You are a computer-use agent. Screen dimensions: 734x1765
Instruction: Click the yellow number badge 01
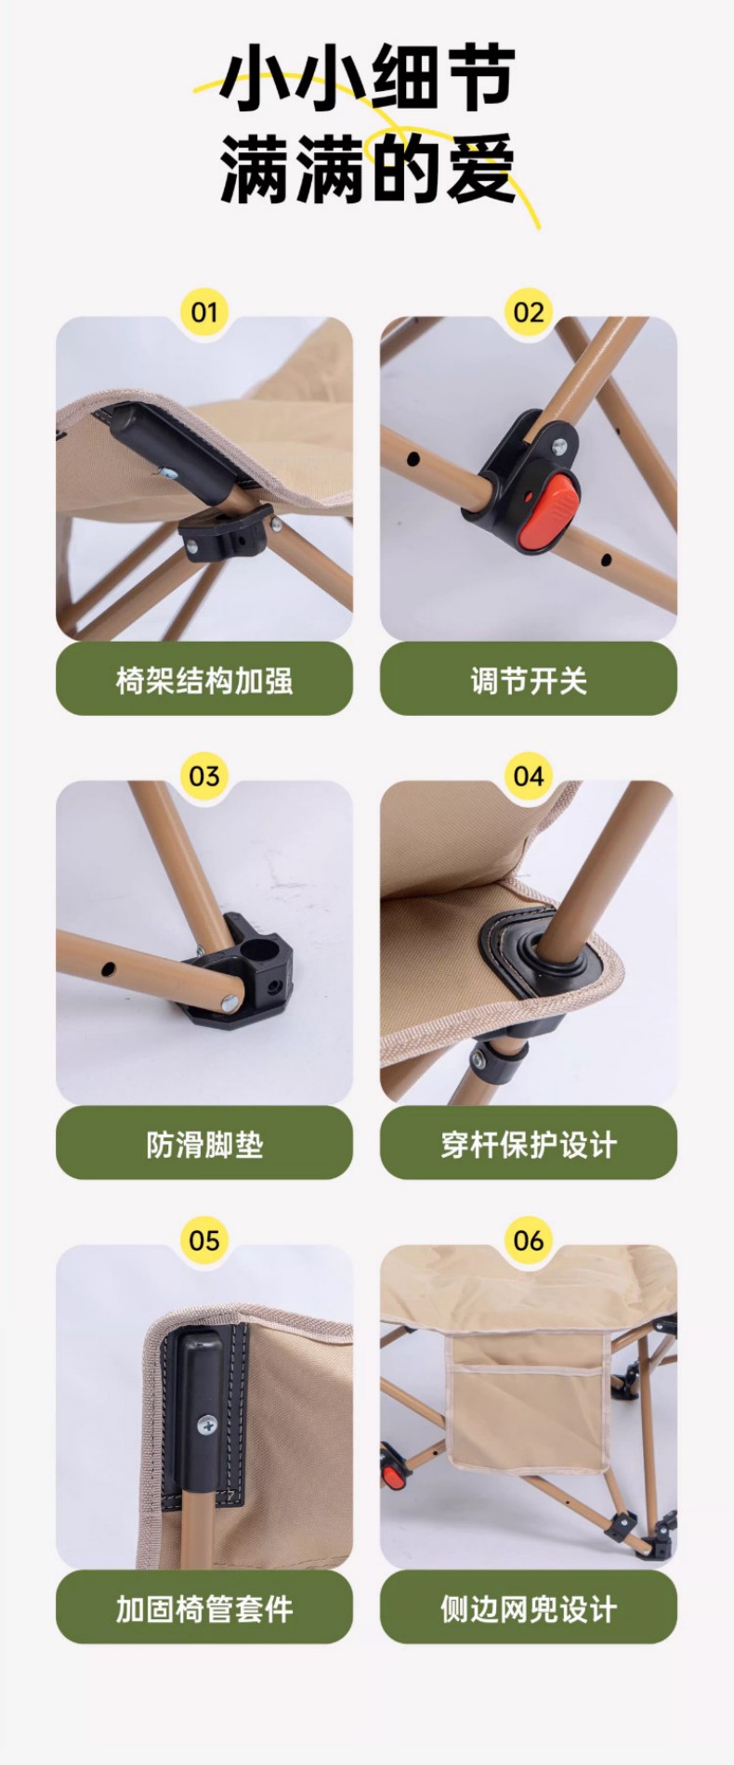pos(203,312)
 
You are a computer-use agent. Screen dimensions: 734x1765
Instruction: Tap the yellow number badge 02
pos(529,312)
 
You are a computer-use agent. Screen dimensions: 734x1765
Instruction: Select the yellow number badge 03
pos(203,775)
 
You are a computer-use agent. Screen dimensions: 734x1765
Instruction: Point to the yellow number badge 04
pos(529,775)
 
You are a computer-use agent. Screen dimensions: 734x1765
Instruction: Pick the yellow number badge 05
pos(203,1239)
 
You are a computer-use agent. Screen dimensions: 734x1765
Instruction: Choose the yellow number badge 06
pos(529,1239)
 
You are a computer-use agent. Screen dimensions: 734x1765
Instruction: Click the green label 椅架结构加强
pos(204,679)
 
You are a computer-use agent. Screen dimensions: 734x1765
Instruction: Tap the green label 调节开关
pos(529,679)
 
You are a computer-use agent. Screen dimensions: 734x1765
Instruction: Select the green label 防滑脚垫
pos(204,1143)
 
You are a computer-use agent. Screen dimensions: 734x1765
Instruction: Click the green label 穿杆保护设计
pos(529,1143)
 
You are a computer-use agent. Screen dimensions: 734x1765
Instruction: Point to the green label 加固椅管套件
pos(204,1607)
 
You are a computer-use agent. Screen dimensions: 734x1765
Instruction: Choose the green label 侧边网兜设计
pos(529,1607)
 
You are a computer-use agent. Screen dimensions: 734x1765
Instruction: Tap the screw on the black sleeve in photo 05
pos(206,1422)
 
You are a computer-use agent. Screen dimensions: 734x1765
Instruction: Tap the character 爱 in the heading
pos(479,168)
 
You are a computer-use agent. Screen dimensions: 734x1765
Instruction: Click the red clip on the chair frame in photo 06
pos(395,1473)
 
